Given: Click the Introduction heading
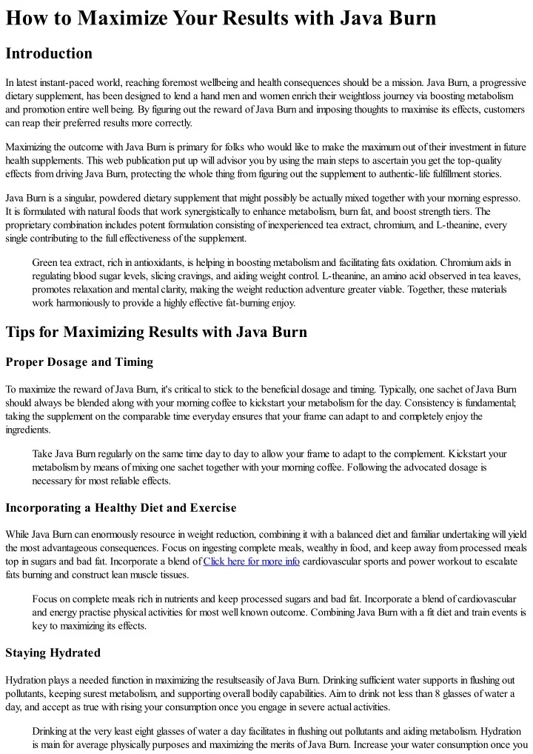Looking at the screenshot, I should [x=49, y=54].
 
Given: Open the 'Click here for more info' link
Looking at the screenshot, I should [x=252, y=561].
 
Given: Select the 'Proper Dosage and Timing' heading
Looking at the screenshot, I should [x=79, y=362].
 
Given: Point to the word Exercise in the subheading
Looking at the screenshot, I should [x=209, y=508].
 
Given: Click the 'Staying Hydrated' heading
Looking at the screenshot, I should [x=54, y=653].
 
